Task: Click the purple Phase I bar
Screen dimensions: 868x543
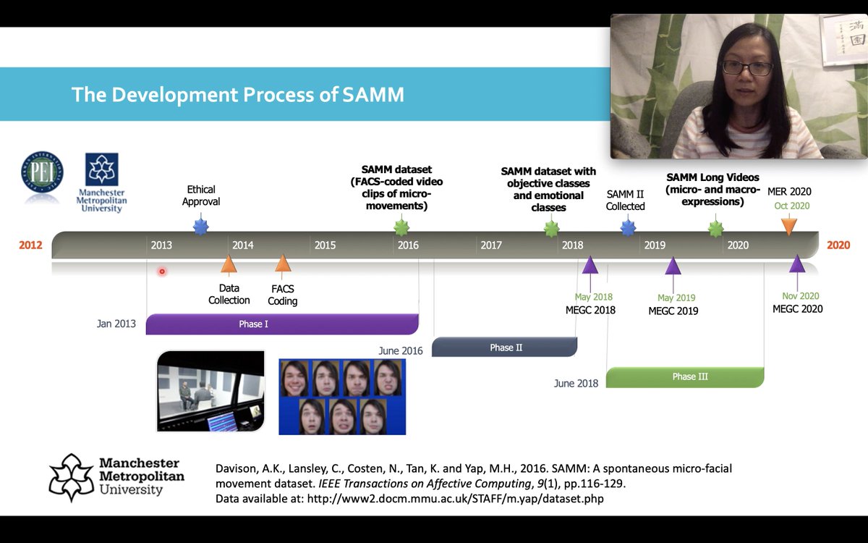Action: [x=282, y=324]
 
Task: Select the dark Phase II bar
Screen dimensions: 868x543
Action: [x=505, y=347]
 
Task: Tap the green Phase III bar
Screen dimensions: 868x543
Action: [x=685, y=377]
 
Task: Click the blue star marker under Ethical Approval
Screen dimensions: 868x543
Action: [x=201, y=227]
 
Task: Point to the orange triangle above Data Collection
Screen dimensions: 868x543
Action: [x=229, y=264]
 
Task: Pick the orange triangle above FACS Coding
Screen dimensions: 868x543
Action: [x=283, y=264]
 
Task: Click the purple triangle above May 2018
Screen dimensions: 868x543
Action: [x=590, y=265]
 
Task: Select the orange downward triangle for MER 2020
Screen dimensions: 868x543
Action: [x=788, y=226]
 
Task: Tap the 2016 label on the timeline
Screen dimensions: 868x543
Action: [x=408, y=245]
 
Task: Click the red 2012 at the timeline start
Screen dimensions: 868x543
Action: [x=30, y=245]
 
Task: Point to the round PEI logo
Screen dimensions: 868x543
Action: [x=42, y=172]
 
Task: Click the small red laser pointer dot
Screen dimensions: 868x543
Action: [x=162, y=271]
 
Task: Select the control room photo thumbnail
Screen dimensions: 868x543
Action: [x=210, y=391]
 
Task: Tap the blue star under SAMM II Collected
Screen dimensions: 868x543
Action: [x=628, y=228]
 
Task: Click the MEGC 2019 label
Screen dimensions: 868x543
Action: [x=673, y=311]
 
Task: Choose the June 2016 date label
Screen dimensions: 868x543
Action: [x=400, y=350]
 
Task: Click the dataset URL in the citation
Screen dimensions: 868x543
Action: [x=455, y=499]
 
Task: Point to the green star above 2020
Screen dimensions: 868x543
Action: [x=715, y=229]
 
